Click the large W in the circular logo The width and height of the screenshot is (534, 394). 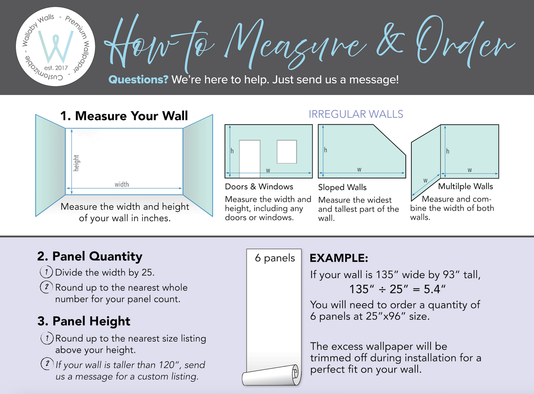click(x=56, y=47)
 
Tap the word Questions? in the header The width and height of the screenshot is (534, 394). click(x=138, y=80)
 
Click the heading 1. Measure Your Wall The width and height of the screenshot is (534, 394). click(x=124, y=116)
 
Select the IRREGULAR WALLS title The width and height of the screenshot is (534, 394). click(x=356, y=114)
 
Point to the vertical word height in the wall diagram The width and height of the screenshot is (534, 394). click(x=76, y=163)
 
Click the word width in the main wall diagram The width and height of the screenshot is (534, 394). click(x=122, y=184)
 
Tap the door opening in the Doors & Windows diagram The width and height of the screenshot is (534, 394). click(x=249, y=159)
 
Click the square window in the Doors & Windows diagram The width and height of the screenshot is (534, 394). click(x=287, y=152)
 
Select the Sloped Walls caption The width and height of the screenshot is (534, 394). click(x=342, y=187)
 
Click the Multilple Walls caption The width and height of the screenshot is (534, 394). click(x=466, y=187)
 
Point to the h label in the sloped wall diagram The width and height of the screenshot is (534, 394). click(x=326, y=150)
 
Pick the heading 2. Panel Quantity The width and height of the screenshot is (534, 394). click(x=90, y=257)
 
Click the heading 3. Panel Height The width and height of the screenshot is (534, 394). click(x=84, y=321)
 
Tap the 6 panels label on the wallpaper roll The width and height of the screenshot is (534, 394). click(x=275, y=258)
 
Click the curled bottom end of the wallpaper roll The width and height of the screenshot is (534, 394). click(x=272, y=375)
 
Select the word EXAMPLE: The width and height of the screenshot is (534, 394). click(x=339, y=258)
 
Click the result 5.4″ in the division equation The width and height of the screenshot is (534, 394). click(x=435, y=289)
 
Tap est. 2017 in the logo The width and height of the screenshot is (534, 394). click(x=56, y=68)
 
